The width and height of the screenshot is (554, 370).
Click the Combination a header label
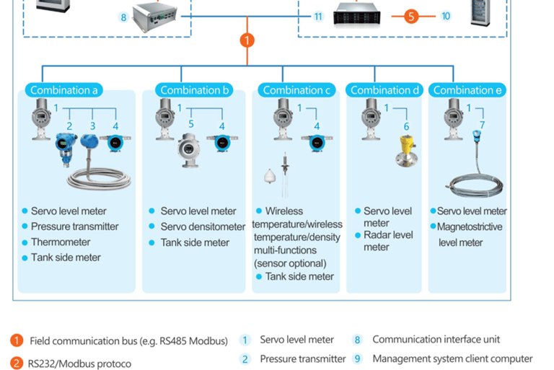click(x=63, y=90)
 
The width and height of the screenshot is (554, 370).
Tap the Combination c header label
click(x=296, y=90)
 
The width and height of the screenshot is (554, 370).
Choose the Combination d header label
click(x=384, y=90)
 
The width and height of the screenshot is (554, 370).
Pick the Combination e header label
click(x=467, y=90)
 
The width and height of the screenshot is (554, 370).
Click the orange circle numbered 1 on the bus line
click(x=247, y=40)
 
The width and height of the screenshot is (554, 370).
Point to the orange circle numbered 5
click(x=411, y=16)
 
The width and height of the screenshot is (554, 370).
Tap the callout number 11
click(x=318, y=16)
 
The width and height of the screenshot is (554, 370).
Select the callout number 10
click(x=445, y=16)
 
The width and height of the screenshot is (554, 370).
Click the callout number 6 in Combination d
click(x=406, y=126)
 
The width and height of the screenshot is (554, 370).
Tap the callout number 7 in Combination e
click(x=482, y=125)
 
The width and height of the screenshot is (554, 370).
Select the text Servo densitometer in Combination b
click(x=203, y=226)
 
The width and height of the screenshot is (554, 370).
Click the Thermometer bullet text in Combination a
click(x=61, y=242)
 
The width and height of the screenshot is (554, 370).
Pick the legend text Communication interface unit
click(x=436, y=339)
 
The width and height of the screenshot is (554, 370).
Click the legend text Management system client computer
click(x=452, y=358)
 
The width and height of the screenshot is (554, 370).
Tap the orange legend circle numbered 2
click(x=17, y=363)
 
